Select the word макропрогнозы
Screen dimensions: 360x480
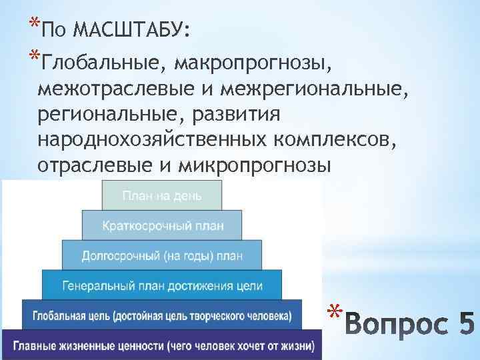(x=253, y=63)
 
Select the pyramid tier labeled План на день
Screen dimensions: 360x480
(x=161, y=195)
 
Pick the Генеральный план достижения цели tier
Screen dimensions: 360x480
(x=162, y=285)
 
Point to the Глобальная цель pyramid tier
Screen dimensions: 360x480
(x=162, y=315)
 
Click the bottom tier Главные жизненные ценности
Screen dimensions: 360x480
(x=162, y=345)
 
